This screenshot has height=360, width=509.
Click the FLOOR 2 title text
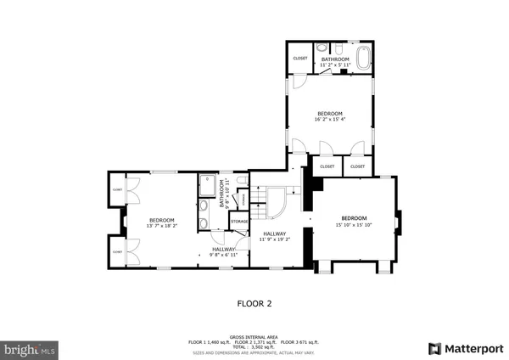coord(255,301)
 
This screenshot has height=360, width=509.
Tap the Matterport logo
coord(466,348)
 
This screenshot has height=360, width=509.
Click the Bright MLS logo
coord(30,348)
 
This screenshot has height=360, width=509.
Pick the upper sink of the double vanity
coord(204,205)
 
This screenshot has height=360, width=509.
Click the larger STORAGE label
coord(238,221)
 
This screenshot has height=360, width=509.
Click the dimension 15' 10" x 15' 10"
coord(354,225)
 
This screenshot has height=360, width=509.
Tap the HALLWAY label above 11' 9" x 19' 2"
coord(273,233)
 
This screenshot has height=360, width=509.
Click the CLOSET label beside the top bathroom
coord(300,58)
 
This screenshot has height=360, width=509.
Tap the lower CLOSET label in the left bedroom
coord(117,251)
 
